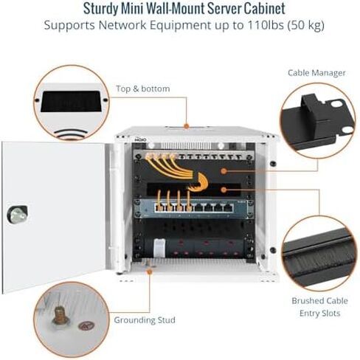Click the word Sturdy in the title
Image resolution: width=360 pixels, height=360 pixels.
(x=100, y=8)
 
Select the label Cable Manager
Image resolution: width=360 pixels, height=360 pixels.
(x=316, y=73)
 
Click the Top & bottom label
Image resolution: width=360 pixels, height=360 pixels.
(x=142, y=89)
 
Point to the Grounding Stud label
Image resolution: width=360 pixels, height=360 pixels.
(x=145, y=320)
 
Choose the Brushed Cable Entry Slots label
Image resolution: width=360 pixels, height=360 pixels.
(x=319, y=307)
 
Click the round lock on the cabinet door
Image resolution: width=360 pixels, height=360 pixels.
(x=17, y=215)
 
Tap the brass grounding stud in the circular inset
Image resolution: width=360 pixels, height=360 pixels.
(x=60, y=316)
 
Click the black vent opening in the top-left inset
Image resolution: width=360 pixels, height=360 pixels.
(x=71, y=101)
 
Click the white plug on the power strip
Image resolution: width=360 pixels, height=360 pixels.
(x=159, y=248)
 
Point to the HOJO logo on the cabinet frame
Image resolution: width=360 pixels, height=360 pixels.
(x=141, y=139)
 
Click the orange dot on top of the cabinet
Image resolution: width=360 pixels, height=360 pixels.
(x=187, y=126)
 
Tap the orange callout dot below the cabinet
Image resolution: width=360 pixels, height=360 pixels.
(x=149, y=271)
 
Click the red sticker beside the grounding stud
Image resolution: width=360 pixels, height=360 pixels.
(x=86, y=326)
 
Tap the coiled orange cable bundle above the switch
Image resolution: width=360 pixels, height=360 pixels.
(x=201, y=183)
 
